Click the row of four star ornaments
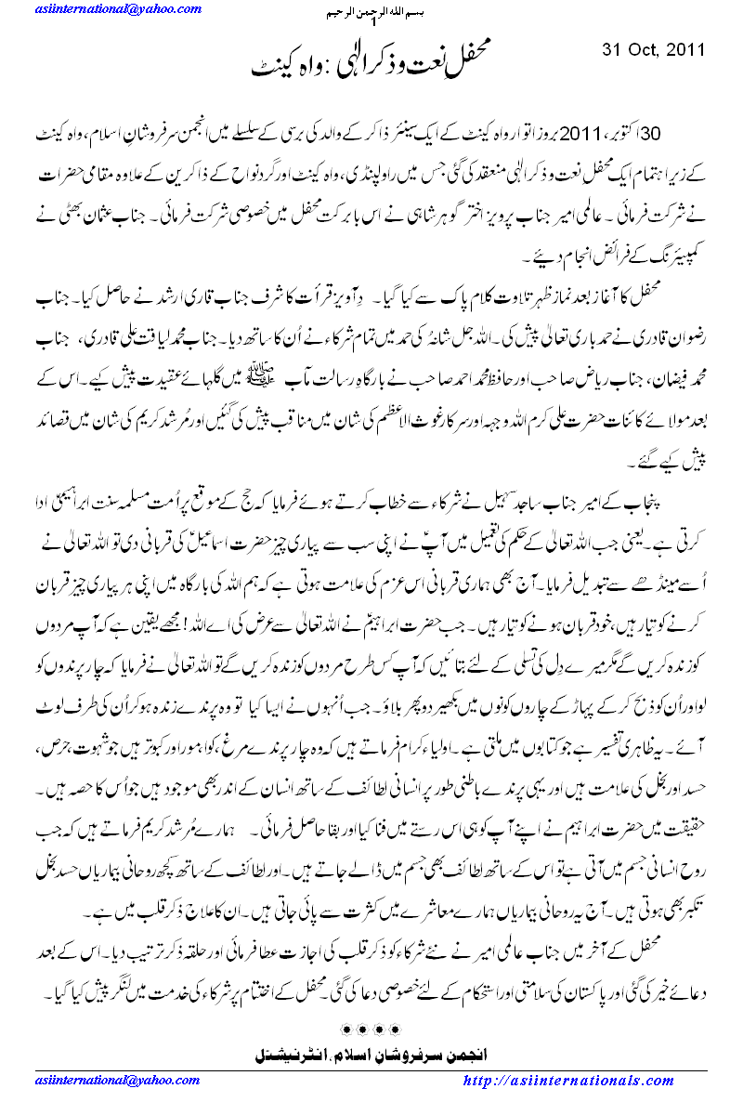(371, 1030)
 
